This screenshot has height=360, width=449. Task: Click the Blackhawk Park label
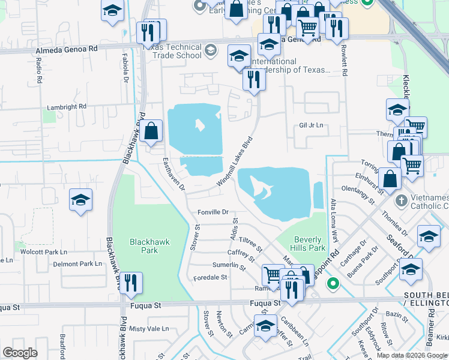[144, 246]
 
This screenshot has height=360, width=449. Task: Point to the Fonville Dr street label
[213, 212]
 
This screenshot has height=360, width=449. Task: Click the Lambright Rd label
[67, 107]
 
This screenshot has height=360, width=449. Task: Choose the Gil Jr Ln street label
[311, 125]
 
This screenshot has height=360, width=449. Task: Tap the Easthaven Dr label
[174, 175]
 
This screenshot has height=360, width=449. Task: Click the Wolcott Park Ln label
[43, 252]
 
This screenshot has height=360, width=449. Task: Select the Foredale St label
[210, 278]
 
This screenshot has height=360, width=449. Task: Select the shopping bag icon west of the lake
[152, 130]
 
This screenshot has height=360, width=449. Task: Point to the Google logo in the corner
[20, 353]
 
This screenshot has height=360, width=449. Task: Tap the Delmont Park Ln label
[77, 264]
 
